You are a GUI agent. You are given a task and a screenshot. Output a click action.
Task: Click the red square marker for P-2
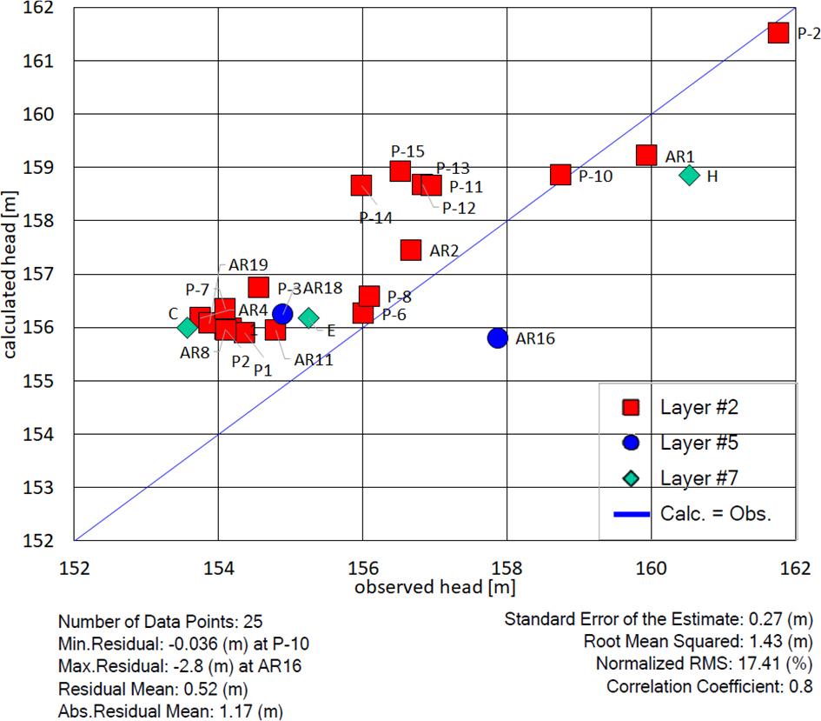778,32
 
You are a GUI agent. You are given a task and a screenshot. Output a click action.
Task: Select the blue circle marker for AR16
497,337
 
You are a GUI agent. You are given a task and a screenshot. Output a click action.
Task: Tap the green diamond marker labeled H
690,175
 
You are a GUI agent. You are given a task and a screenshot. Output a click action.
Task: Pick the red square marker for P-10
560,175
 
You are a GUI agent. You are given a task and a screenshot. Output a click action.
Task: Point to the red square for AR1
646,155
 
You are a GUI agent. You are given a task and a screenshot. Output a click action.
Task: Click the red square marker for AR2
411,250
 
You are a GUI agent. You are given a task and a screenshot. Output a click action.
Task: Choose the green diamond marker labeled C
187,327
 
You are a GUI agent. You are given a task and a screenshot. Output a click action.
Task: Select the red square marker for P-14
361,185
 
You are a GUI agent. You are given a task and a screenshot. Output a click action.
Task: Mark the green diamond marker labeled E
308,318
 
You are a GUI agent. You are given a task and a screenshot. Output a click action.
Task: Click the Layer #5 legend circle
632,443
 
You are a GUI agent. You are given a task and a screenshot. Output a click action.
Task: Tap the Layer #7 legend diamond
632,477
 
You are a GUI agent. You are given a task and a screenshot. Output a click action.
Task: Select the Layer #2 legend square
632,407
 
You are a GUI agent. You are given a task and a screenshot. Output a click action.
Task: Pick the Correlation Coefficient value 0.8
798,687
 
